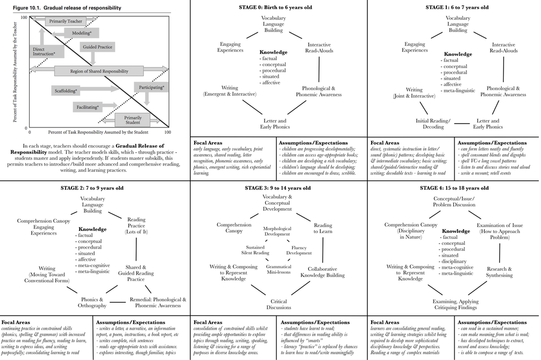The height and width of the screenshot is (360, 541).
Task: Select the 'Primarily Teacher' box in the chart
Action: click(65, 21)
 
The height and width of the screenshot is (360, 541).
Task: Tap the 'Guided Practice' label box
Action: click(97, 47)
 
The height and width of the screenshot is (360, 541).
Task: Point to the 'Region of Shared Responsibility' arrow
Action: click(99, 71)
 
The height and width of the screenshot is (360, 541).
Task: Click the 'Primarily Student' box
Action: click(133, 119)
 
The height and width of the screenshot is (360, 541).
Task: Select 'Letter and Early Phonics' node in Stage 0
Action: click(275, 124)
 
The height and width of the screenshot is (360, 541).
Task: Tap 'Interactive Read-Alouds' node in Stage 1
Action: click(503, 48)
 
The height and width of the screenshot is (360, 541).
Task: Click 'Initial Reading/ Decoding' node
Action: click(432, 124)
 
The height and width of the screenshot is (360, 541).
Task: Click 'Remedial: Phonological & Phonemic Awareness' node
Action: click(158, 302)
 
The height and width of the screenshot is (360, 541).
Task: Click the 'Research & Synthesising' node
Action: click(499, 272)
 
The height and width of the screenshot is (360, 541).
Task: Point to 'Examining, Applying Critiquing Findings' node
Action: click(455, 304)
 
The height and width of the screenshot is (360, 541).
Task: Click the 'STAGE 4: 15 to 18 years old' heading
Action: click(454, 188)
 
